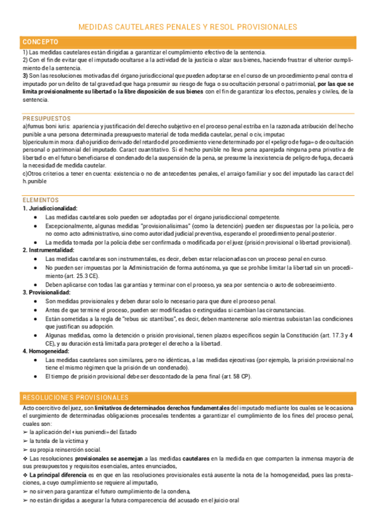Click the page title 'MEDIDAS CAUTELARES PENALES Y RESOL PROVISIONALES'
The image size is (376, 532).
[188, 27]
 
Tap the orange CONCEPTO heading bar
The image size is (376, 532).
[188, 41]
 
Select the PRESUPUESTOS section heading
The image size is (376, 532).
[47, 118]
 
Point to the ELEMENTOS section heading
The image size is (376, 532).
[40, 200]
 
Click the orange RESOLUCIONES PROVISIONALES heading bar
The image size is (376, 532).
[188, 398]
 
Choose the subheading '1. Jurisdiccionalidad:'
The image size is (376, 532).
[50, 208]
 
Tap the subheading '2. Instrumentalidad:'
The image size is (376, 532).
[48, 250]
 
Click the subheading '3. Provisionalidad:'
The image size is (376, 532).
[46, 292]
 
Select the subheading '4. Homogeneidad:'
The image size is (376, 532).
[45, 351]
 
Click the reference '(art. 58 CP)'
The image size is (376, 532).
[235, 376]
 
